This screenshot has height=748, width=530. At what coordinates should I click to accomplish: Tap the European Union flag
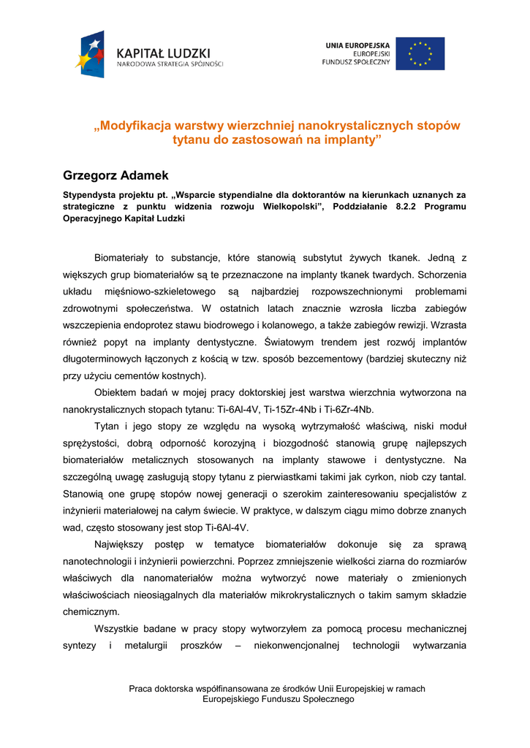point(420,53)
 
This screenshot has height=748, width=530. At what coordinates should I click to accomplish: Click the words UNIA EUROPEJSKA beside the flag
point(357,45)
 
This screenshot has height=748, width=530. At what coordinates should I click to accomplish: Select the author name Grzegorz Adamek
point(116,175)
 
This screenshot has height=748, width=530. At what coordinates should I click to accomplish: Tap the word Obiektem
point(117,393)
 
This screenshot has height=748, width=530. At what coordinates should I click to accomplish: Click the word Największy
point(121,544)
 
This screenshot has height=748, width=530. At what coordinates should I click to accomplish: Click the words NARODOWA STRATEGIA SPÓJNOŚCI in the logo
point(170,64)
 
